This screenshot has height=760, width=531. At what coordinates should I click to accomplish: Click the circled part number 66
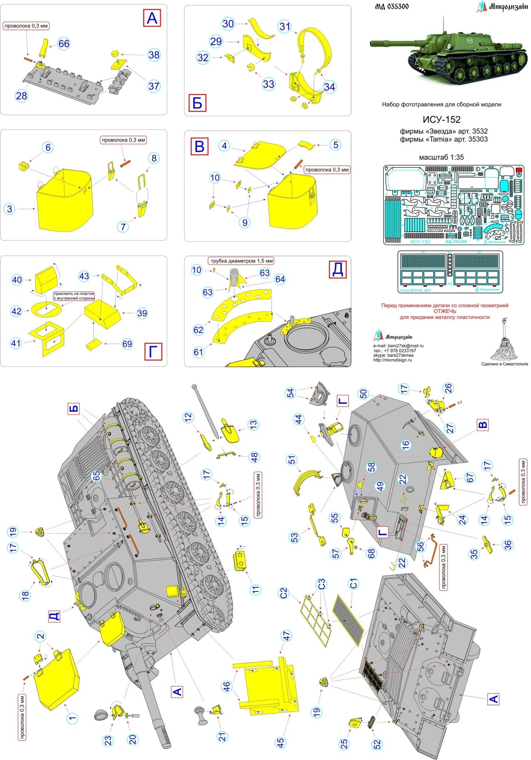click(x=64, y=44)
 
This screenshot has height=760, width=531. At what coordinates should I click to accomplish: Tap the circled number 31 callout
click(x=285, y=26)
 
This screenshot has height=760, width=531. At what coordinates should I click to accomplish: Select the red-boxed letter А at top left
click(x=152, y=18)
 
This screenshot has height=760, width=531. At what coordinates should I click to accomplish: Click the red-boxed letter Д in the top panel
click(x=337, y=269)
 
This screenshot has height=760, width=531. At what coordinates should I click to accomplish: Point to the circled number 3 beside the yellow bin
click(x=10, y=209)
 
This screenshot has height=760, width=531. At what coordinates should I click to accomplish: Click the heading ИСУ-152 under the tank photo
click(x=441, y=119)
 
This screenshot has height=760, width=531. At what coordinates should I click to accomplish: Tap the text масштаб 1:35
click(x=441, y=157)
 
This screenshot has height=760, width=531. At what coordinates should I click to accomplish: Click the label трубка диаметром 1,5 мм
click(x=242, y=261)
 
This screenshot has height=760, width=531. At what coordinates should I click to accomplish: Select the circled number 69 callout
click(x=127, y=344)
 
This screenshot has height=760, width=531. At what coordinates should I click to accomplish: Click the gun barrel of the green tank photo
click(x=389, y=44)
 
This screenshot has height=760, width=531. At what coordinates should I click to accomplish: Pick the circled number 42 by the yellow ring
click(x=16, y=311)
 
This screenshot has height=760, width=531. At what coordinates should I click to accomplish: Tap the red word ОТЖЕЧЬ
click(x=445, y=311)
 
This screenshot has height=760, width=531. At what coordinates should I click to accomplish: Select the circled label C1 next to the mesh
click(x=353, y=584)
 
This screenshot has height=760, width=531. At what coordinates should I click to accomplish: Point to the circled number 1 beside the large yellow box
click(x=73, y=718)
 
